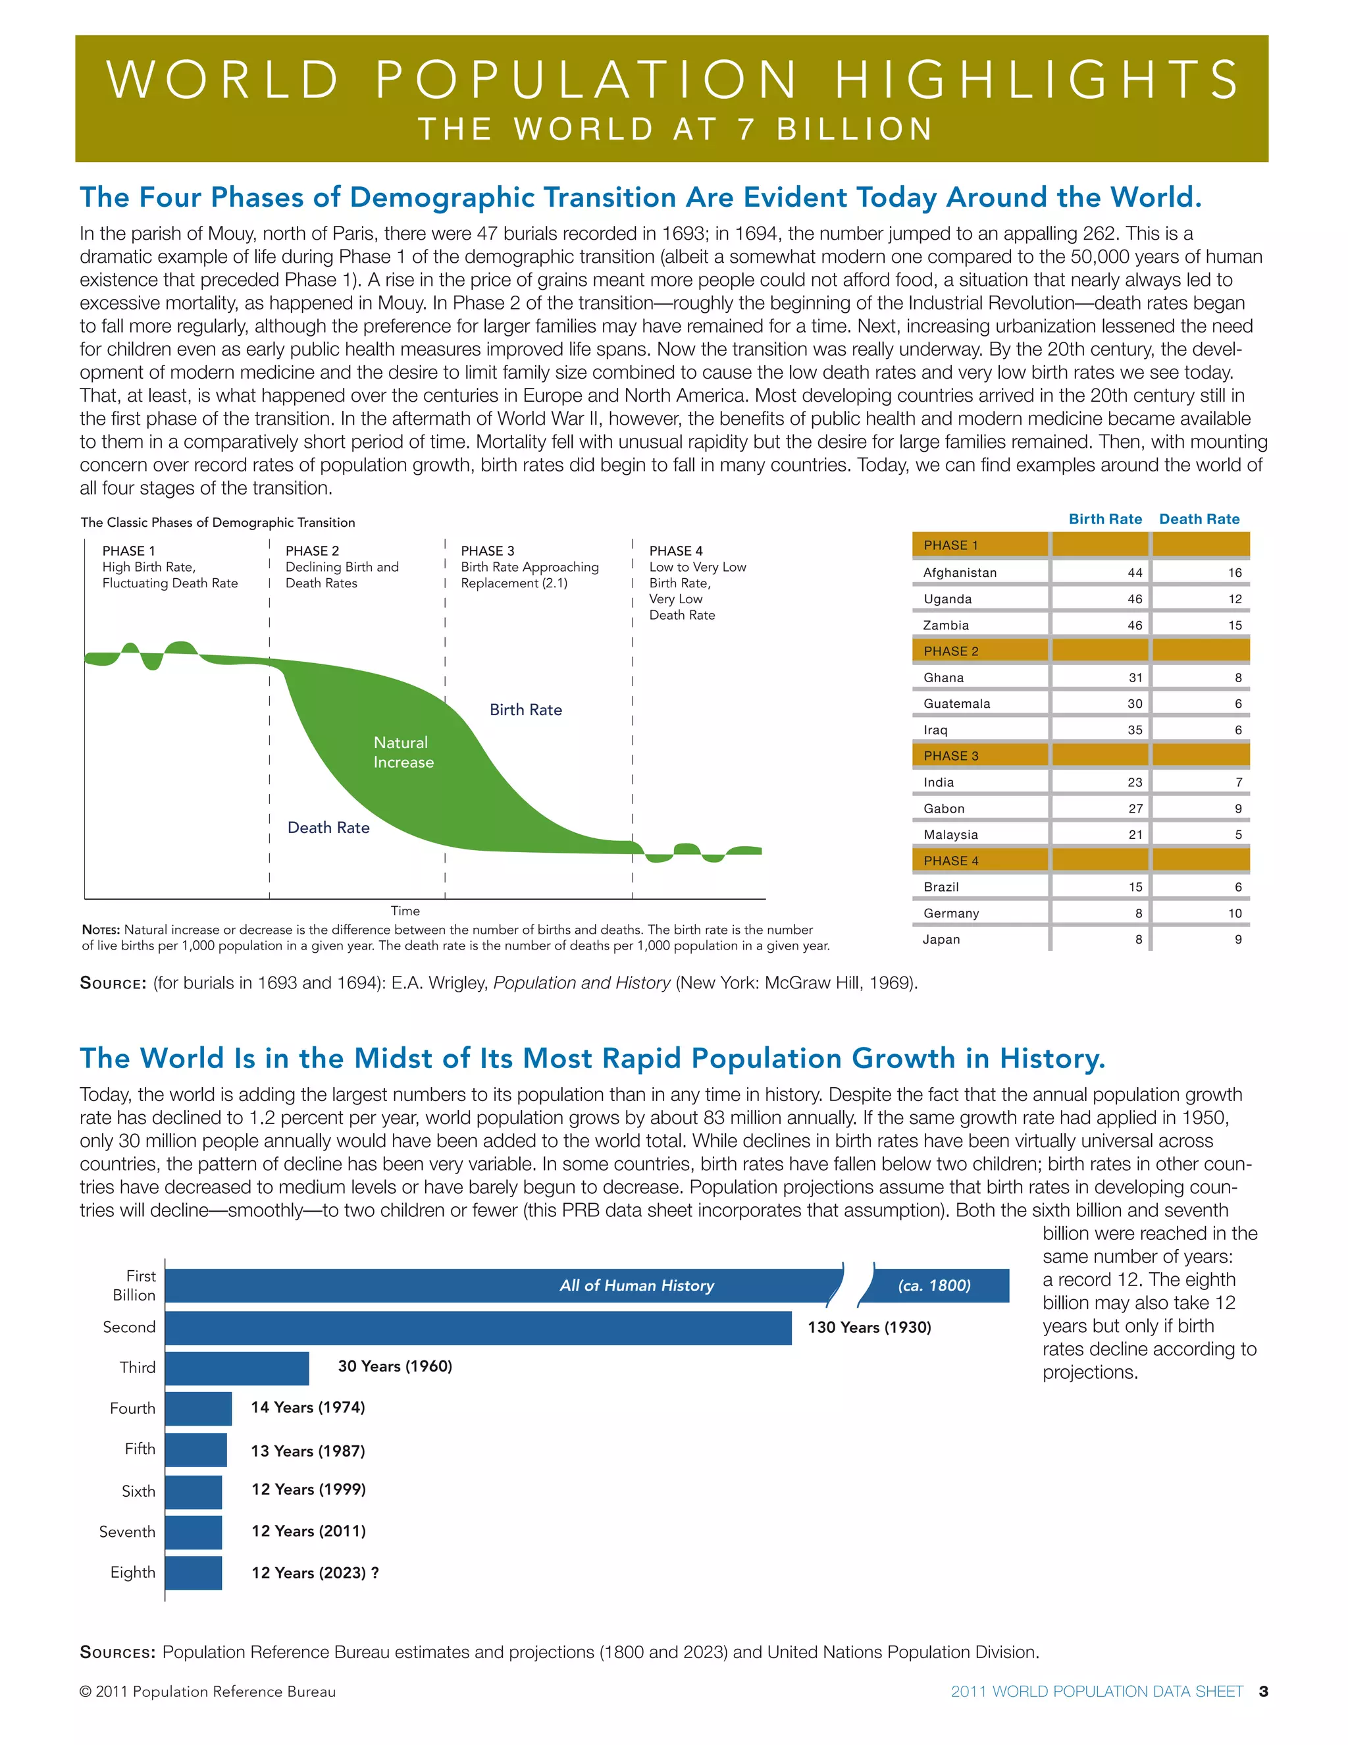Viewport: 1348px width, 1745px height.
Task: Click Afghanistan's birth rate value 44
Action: coord(1134,573)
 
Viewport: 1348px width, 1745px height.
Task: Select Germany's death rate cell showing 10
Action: coord(1234,913)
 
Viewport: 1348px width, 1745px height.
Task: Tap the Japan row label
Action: coord(941,940)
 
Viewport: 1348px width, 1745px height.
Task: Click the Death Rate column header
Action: coord(1199,520)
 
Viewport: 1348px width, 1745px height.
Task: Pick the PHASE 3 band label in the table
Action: coord(950,756)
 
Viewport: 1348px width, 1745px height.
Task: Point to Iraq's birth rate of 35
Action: coord(1134,730)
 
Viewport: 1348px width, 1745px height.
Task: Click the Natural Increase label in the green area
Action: coord(403,752)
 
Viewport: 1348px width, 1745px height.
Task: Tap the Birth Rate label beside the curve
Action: coord(525,709)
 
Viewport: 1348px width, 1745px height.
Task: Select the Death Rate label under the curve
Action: coord(328,828)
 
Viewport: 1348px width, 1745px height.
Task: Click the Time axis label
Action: coord(405,911)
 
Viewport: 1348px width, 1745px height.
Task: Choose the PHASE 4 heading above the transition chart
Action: coord(675,550)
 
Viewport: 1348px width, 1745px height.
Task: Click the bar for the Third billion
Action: coord(237,1368)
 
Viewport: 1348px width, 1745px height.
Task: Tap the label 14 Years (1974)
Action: coord(307,1407)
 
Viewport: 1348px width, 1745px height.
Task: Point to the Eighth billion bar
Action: coord(194,1572)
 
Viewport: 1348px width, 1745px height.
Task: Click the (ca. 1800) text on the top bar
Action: coord(933,1285)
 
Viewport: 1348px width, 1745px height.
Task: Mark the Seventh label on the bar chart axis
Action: coord(127,1532)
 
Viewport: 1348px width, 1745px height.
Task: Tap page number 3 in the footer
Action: coord(1262,1692)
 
